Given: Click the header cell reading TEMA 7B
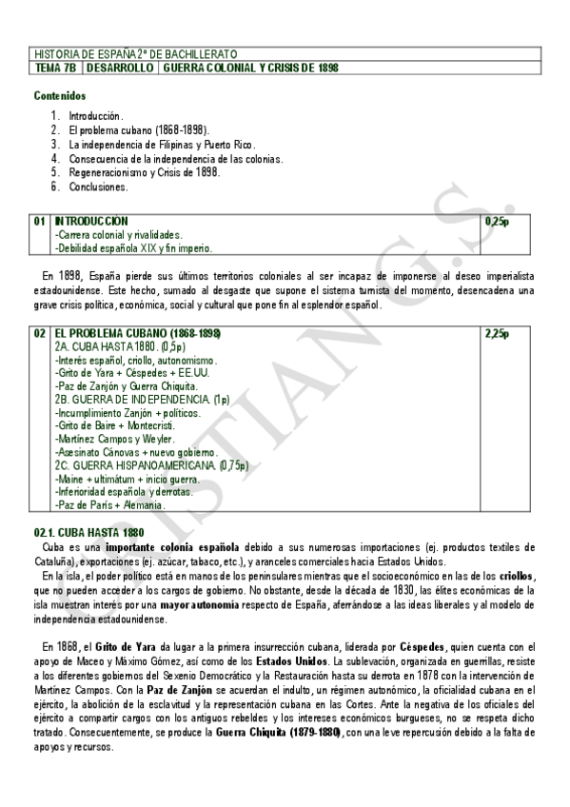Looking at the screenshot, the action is tap(56, 69).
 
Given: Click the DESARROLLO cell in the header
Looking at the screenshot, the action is tap(120, 69).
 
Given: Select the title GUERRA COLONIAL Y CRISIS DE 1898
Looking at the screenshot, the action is tap(250, 69).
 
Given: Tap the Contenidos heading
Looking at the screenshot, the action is tap(60, 95).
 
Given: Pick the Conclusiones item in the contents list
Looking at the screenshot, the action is tap(98, 187).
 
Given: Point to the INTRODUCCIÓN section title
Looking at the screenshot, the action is tap(91, 221).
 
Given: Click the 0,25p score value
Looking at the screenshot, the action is tap(497, 221).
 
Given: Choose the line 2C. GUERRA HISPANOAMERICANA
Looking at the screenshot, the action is tap(151, 465).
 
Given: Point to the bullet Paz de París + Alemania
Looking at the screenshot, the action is tap(109, 505).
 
